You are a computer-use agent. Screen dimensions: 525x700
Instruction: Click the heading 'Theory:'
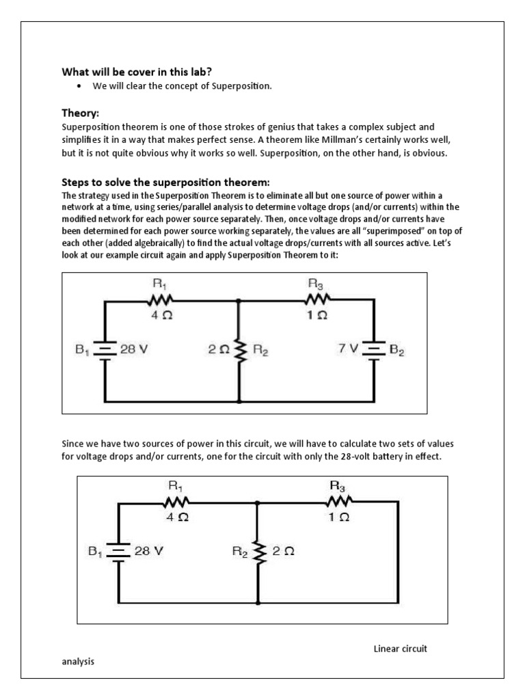81,112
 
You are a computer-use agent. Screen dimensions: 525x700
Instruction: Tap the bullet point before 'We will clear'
80,85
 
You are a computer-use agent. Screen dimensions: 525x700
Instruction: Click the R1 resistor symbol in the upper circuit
161,299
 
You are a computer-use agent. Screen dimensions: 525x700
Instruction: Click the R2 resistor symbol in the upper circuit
239,349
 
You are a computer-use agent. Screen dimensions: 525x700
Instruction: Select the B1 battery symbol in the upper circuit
105,349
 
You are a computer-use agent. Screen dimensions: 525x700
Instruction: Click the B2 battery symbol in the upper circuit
374,349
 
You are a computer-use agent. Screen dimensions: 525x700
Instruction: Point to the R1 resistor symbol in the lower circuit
176,502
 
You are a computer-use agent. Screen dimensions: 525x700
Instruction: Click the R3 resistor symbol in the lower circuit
338,502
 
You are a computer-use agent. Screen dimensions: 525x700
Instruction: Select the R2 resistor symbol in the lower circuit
258,552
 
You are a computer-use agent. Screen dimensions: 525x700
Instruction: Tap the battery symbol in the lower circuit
119,552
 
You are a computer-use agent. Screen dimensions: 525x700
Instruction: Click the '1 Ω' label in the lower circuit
338,517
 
